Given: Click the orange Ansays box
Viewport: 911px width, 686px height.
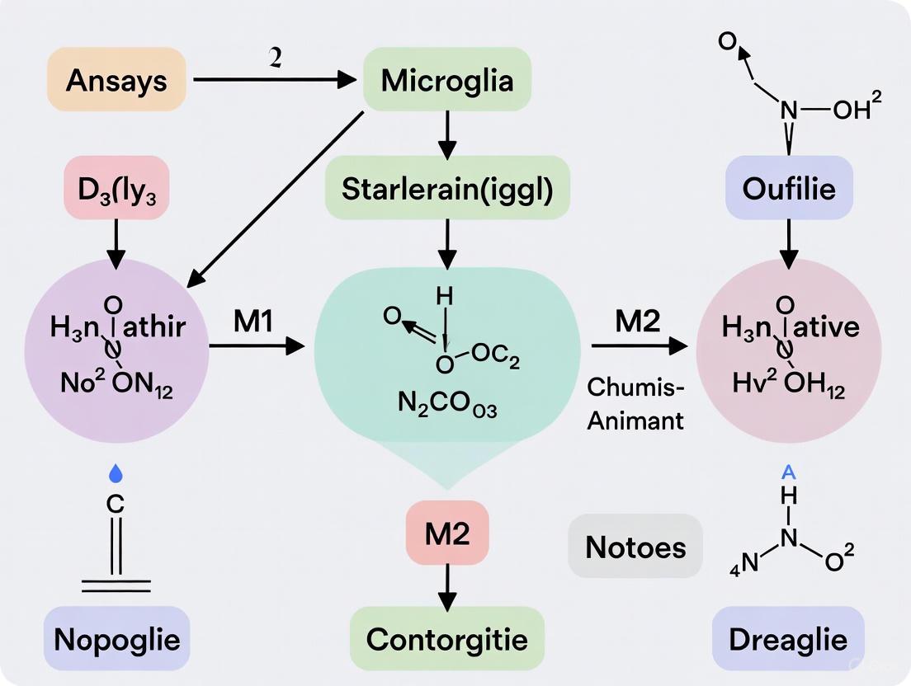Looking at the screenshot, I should (116, 80).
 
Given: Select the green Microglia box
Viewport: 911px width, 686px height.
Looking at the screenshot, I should (447, 80).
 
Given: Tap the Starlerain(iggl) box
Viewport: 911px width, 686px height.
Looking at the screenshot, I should (447, 189).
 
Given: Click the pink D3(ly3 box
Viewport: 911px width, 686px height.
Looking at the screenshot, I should (116, 189).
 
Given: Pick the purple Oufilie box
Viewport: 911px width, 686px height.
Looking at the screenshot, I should (788, 189).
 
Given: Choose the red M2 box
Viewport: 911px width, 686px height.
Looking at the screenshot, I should (447, 533).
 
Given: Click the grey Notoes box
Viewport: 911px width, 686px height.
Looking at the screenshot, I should (635, 546).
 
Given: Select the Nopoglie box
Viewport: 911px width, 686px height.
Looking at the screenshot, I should (116, 638).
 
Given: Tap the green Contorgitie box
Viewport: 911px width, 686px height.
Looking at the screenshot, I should (447, 638).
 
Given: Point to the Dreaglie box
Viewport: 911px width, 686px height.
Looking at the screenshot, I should (788, 638).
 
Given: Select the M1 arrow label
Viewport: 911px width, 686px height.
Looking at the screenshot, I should (253, 322).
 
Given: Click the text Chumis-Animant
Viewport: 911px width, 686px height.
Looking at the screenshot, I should (636, 404).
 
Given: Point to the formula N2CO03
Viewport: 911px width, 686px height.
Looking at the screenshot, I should (447, 406).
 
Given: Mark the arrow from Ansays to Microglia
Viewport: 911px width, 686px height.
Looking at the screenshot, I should (273, 80).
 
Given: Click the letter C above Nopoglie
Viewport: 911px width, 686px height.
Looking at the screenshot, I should (116, 503).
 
